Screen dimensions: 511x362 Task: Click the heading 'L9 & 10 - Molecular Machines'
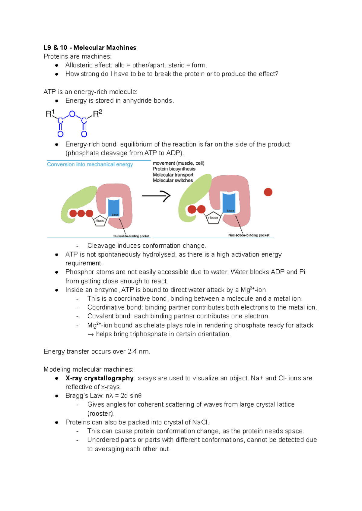(x=90, y=48)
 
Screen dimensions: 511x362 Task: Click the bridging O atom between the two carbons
(x=72, y=114)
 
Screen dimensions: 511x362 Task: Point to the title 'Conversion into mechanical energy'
(x=90, y=164)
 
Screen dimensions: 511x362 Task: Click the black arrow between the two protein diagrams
(x=156, y=196)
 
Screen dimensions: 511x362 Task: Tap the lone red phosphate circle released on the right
(x=268, y=192)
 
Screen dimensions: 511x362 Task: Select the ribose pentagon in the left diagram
(x=100, y=221)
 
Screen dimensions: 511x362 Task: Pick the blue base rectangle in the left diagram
(x=114, y=207)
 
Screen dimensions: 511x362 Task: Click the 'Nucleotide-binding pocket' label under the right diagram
(x=249, y=235)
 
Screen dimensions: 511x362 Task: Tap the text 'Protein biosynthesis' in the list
(x=174, y=169)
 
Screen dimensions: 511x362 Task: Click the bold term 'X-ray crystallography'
(x=99, y=378)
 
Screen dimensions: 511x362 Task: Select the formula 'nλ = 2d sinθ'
(x=123, y=396)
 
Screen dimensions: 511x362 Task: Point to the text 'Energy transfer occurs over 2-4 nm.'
(x=97, y=352)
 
